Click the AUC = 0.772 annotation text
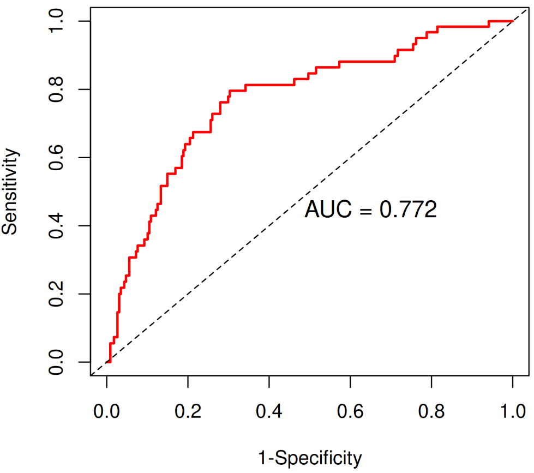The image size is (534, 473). (x=370, y=209)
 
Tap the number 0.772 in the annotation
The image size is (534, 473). (x=408, y=209)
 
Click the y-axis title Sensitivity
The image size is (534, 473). (x=10, y=191)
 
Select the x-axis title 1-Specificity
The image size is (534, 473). (x=309, y=458)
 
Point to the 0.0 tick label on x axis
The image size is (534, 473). (x=107, y=410)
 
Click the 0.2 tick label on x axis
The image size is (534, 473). (x=188, y=410)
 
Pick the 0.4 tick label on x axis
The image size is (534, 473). (x=269, y=410)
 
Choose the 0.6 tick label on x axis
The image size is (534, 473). (x=350, y=410)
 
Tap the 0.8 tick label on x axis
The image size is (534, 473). (x=431, y=410)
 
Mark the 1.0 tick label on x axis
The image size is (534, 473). (x=512, y=410)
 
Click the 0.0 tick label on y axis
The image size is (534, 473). (x=56, y=362)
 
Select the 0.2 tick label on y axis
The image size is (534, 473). (x=56, y=294)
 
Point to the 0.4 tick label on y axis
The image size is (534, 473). (x=56, y=226)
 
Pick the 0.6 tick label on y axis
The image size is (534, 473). (x=56, y=158)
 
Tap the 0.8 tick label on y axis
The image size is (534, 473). (x=56, y=89)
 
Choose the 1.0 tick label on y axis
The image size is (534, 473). (x=56, y=21)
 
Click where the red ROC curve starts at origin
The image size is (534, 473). (x=107, y=362)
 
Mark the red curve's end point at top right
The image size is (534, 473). (x=512, y=21)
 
